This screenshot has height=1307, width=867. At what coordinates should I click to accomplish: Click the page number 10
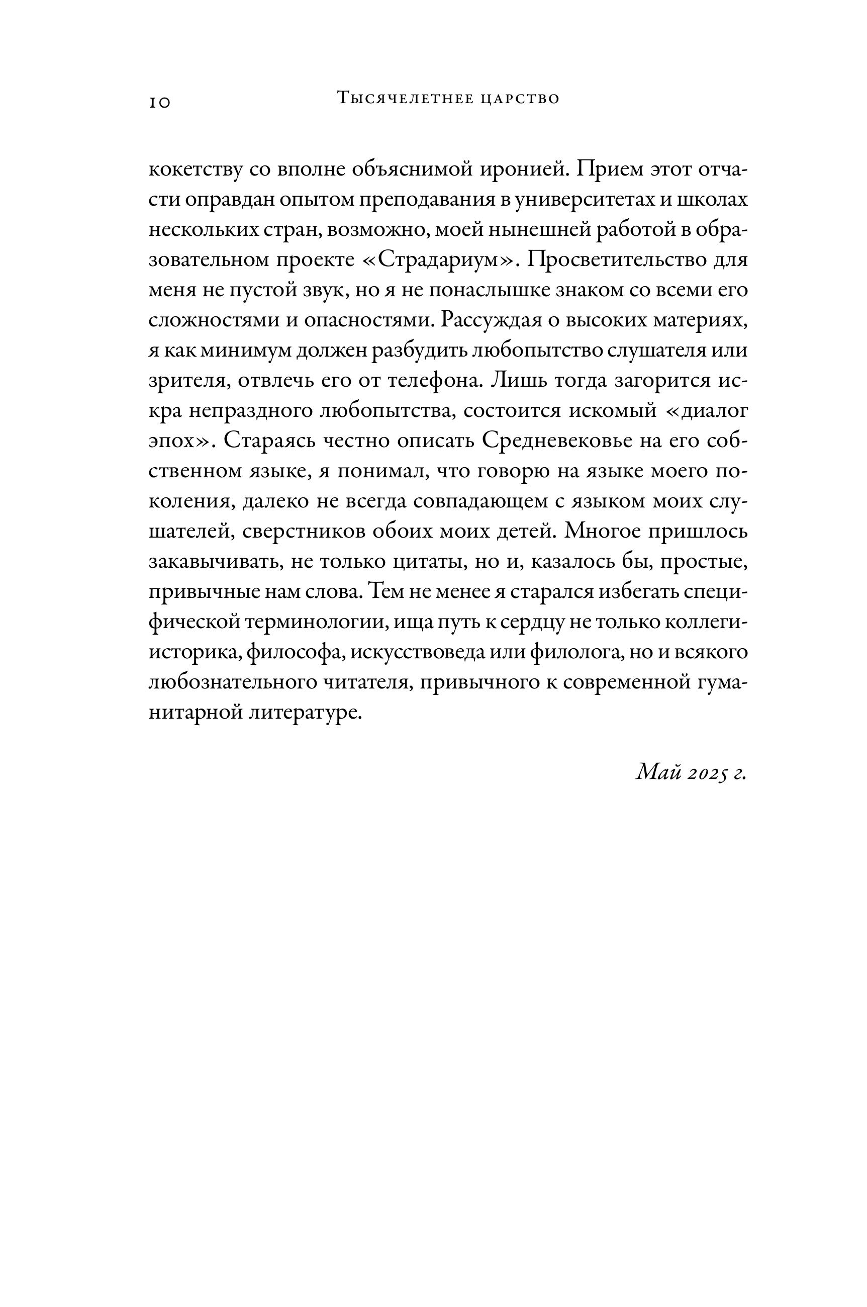(x=160, y=102)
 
